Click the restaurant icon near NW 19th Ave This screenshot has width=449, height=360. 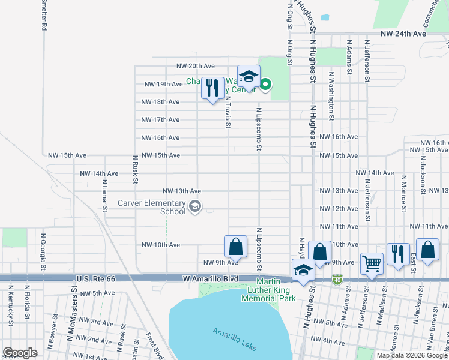click(x=212, y=89)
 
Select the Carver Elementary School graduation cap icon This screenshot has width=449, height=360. click(x=194, y=207)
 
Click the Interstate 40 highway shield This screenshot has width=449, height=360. click(x=337, y=279)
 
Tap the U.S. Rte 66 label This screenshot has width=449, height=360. click(x=95, y=279)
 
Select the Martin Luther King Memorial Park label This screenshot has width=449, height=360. click(x=268, y=290)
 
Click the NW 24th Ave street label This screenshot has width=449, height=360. click(x=403, y=34)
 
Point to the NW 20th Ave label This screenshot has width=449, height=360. click(x=195, y=66)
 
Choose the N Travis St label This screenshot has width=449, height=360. click(x=228, y=112)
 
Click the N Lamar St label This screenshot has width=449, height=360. click(x=105, y=196)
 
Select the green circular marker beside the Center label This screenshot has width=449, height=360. click(x=264, y=85)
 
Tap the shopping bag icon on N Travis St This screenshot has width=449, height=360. click(x=236, y=246)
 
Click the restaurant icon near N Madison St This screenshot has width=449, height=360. click(x=398, y=254)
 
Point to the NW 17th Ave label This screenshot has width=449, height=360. click(x=160, y=120)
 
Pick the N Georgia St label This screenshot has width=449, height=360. click(x=42, y=246)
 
